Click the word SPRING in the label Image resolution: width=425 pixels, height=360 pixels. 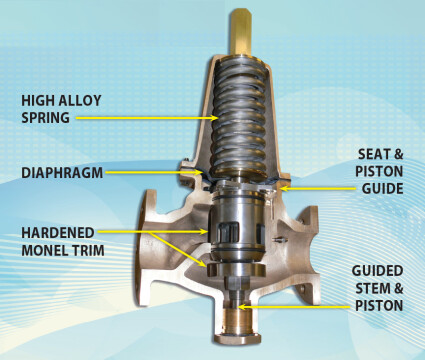pyautogui.click(x=46, y=118)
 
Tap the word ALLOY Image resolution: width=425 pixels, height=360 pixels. pyautogui.click(x=80, y=100)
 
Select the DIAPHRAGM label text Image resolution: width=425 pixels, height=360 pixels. pyautogui.click(x=62, y=173)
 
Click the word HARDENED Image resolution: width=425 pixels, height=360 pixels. pyautogui.click(x=58, y=233)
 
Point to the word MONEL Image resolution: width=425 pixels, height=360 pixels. pyautogui.click(x=44, y=250)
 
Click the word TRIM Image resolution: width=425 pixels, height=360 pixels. pyautogui.click(x=88, y=250)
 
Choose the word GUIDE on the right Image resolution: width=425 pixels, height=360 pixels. pyautogui.click(x=383, y=189)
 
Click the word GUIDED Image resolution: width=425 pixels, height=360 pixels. pyautogui.click(x=377, y=271)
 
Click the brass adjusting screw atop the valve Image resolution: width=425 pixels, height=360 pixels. pyautogui.click(x=241, y=32)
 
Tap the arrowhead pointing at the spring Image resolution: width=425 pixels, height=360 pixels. pyautogui.click(x=215, y=118)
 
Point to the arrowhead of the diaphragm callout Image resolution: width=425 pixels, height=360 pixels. pyautogui.click(x=199, y=172)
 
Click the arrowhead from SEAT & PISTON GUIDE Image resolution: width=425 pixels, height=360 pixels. pyautogui.click(x=284, y=188)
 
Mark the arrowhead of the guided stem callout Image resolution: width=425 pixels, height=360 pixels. pyautogui.click(x=242, y=307)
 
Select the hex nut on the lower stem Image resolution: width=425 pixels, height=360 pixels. pyautogui.click(x=237, y=283)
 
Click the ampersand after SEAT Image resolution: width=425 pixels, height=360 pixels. pyautogui.click(x=399, y=154)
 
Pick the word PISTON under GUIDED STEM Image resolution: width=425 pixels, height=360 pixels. pyautogui.click(x=379, y=306)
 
